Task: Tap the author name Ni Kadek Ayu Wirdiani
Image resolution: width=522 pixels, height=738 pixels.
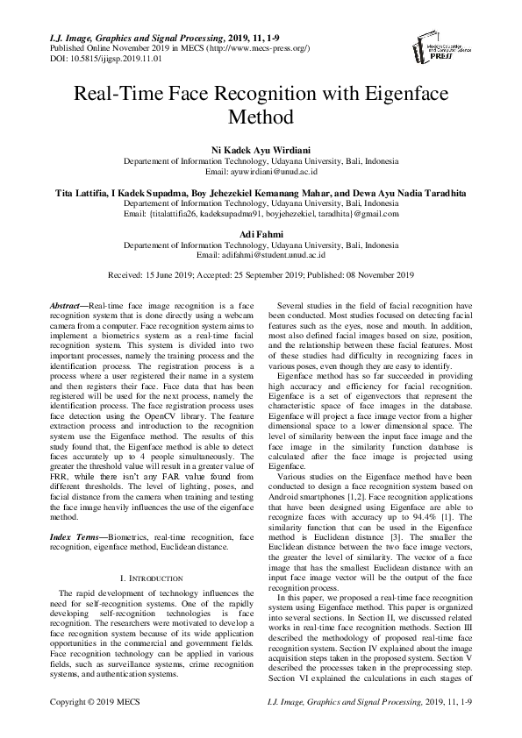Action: point(261,151)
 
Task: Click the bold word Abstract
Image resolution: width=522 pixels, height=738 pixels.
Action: point(65,303)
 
